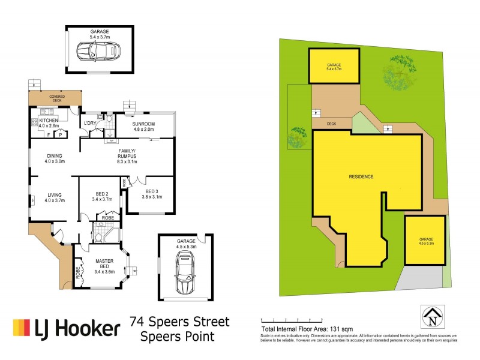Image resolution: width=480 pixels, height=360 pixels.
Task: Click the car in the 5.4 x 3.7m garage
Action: click(98, 51)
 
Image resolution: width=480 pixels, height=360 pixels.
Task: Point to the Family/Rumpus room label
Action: click(127, 158)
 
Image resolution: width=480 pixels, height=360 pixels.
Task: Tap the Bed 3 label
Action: click(150, 193)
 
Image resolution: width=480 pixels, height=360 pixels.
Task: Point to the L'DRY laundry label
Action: click(90, 123)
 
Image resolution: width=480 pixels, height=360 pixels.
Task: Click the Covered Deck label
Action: click(57, 98)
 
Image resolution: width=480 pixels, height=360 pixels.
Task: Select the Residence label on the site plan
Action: click(361, 176)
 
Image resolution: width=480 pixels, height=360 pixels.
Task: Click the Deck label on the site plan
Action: click(331, 124)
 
